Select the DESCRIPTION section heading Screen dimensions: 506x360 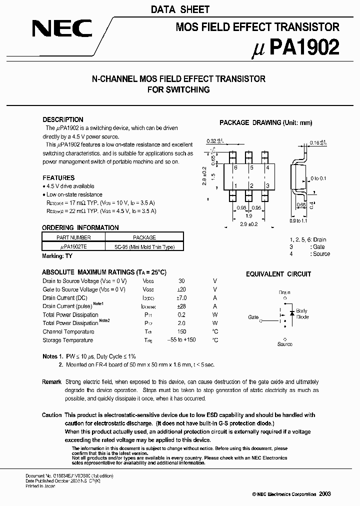(63, 119)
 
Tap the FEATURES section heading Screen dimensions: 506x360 (58, 177)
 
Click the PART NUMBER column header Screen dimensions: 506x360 (74, 237)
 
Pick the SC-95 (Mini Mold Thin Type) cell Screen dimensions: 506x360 (144, 246)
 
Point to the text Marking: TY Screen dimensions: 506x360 (57, 256)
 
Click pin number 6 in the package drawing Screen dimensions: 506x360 (235, 168)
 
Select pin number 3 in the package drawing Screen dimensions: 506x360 (268, 186)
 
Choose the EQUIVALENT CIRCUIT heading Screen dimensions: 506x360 (278, 274)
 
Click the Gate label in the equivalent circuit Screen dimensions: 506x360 (253, 317)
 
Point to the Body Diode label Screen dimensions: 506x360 (302, 313)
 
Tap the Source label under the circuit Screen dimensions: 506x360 (285, 344)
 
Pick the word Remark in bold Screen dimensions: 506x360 (52, 382)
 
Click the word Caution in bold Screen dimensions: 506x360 (52, 415)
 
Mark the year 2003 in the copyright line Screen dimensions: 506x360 (324, 494)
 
